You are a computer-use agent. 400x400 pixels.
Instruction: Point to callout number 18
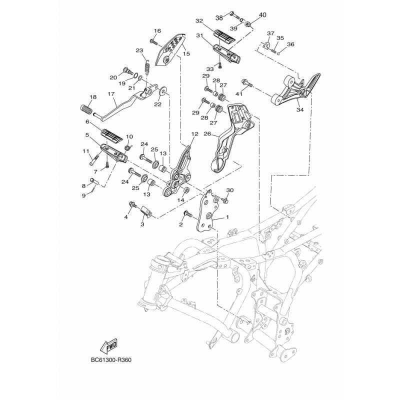(x=92, y=97)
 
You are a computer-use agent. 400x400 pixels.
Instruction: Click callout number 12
(x=194, y=134)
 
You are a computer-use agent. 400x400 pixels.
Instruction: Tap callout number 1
(x=228, y=218)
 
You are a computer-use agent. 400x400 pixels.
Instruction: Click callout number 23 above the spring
(x=139, y=50)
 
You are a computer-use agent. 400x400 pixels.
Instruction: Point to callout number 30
(x=230, y=190)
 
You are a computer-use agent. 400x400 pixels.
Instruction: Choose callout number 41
(x=239, y=93)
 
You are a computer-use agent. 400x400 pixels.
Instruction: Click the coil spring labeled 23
(x=147, y=66)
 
